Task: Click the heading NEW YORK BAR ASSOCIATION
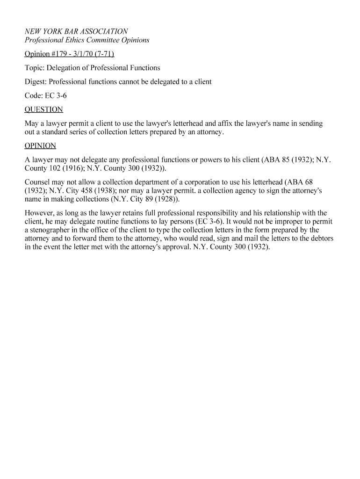click(76, 31)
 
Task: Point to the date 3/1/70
click(84, 54)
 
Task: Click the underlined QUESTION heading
click(43, 110)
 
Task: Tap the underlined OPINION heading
click(40, 146)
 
